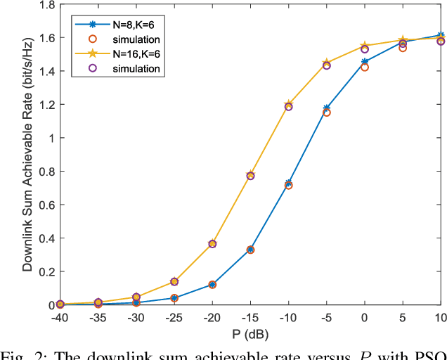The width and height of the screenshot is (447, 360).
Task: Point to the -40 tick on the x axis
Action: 60,317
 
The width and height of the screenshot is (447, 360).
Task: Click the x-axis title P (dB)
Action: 250,333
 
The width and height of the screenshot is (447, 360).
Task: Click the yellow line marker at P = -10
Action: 288,105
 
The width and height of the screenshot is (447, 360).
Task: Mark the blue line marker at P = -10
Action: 288,184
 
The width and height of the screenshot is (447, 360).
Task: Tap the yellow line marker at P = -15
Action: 250,175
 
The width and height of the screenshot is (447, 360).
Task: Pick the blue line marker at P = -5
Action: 326,108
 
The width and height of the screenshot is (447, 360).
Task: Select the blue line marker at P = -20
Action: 212,285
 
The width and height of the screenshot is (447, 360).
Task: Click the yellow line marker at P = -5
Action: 326,63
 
